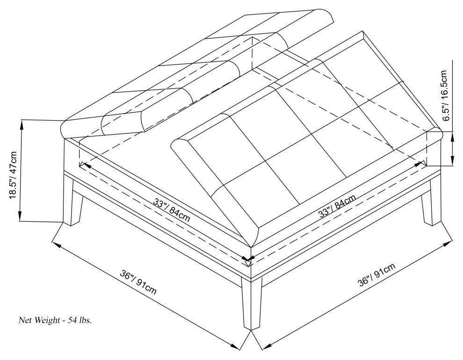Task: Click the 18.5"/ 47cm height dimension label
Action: [14, 175]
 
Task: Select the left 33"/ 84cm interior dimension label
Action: [172, 210]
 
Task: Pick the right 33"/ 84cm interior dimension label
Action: [337, 206]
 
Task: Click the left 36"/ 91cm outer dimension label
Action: [138, 282]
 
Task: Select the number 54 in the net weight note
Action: [72, 320]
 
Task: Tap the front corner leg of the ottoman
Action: [252, 304]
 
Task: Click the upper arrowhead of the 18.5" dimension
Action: [21, 125]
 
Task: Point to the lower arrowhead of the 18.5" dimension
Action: [20, 215]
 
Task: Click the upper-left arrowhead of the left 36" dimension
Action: [57, 244]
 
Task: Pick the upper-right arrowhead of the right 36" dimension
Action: [448, 244]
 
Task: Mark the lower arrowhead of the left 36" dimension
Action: [235, 347]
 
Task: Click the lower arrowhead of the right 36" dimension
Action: [267, 347]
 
